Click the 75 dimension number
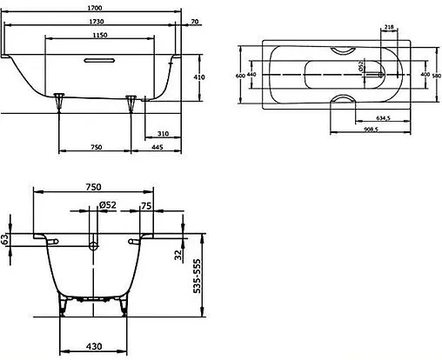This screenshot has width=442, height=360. coord(145,206)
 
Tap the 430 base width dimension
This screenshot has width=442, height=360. coord(93,346)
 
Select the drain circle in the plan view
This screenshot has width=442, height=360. coord(380,76)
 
